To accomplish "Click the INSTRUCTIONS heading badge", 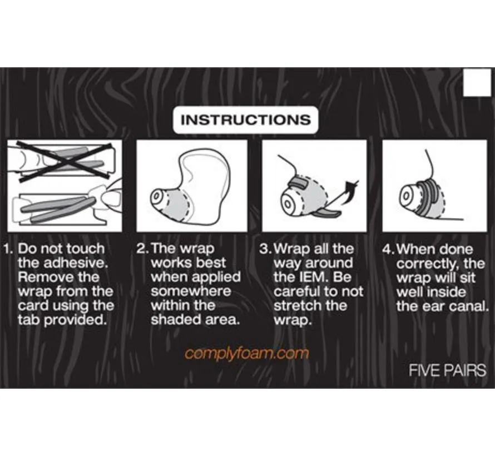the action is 246,120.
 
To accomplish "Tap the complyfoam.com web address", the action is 246,354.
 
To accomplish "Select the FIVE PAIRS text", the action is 447,370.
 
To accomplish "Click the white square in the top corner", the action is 477,82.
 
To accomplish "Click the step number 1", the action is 7,249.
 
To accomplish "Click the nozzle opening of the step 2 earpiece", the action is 156,197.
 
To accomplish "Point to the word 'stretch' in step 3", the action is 298,305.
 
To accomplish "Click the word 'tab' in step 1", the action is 29,320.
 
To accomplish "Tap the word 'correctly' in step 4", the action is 428,264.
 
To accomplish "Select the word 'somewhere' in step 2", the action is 191,291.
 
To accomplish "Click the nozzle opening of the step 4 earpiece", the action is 407,196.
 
